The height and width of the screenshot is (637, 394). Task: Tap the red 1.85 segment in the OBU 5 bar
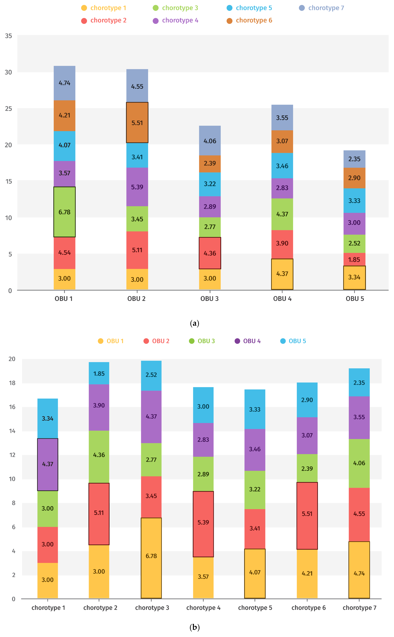(x=354, y=259)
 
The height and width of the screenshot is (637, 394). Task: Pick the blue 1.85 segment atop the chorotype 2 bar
(x=99, y=373)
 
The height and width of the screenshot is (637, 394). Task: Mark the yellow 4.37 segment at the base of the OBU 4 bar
(x=282, y=274)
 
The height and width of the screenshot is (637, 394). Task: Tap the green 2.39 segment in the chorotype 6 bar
(x=307, y=468)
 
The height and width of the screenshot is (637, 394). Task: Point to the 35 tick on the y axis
(x=9, y=36)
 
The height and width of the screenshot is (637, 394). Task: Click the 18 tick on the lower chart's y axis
(x=12, y=383)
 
